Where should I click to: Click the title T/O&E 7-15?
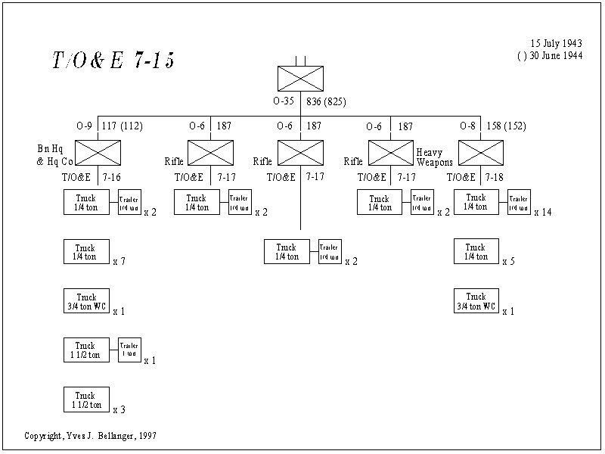coord(113,61)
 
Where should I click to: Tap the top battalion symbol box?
coord(300,79)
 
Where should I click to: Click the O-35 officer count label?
coord(285,101)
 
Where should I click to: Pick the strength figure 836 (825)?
coord(326,101)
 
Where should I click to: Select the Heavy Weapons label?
coord(434,157)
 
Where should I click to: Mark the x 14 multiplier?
coord(542,213)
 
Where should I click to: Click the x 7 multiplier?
coord(119,262)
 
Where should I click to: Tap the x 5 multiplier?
coord(508,262)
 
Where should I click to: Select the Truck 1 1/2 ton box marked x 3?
coord(86,400)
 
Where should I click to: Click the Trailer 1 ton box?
coord(129,350)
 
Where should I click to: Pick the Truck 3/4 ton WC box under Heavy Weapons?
coord(476,301)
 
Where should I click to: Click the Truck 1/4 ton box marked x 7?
coord(86,252)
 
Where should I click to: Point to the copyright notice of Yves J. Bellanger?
coord(92,437)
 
